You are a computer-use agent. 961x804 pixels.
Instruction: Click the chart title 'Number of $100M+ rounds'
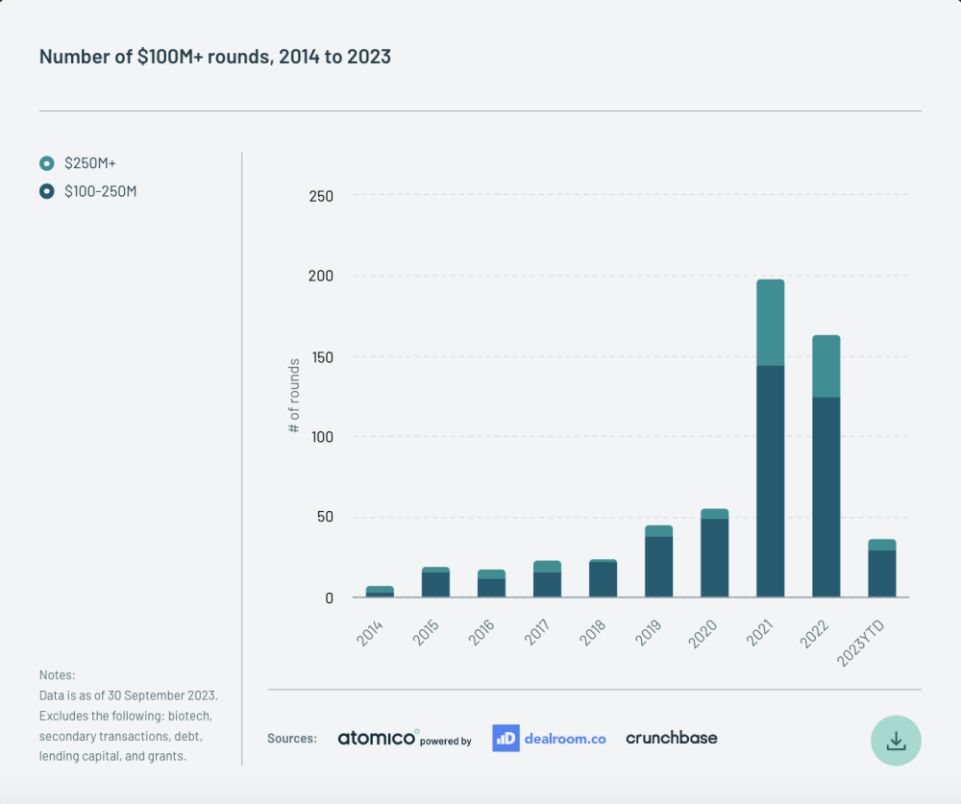(x=214, y=57)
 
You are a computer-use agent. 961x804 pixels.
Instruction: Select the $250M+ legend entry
(x=89, y=163)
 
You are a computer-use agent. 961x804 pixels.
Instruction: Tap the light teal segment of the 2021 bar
(x=770, y=322)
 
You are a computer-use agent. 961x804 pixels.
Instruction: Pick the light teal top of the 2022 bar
(x=825, y=366)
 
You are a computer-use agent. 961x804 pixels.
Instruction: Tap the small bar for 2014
(x=380, y=592)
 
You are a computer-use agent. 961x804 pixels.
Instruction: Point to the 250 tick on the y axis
(x=321, y=196)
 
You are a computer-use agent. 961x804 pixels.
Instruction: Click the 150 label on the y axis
(x=321, y=356)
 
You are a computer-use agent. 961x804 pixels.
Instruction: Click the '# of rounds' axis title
(x=294, y=395)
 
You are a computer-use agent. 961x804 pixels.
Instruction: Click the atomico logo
(x=378, y=738)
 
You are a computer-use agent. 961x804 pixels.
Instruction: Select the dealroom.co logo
(x=549, y=738)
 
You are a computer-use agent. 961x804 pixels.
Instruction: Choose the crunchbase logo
(x=671, y=738)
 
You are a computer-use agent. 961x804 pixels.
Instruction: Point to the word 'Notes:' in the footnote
(x=57, y=675)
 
